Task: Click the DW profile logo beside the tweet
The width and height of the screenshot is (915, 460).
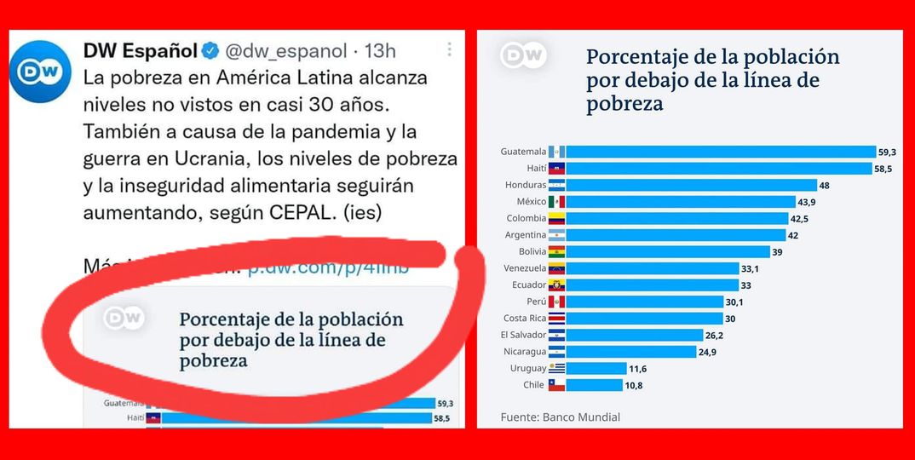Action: tap(43, 69)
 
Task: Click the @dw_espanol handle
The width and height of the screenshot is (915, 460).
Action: tap(285, 51)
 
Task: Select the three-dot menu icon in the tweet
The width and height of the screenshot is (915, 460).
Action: tap(450, 49)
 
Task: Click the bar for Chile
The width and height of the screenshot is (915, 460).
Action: tap(594, 385)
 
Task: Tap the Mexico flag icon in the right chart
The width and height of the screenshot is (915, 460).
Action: tap(556, 201)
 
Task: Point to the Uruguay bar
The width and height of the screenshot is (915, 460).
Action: tap(596, 368)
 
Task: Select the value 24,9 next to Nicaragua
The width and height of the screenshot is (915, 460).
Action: tap(707, 352)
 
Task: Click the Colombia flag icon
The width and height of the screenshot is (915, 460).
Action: tap(556, 218)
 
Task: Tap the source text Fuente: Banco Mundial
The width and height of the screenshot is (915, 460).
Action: tap(560, 417)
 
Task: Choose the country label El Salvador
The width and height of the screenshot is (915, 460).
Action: tap(523, 335)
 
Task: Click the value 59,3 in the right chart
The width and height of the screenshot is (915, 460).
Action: tap(887, 152)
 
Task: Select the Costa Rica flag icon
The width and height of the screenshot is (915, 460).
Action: tap(556, 319)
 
